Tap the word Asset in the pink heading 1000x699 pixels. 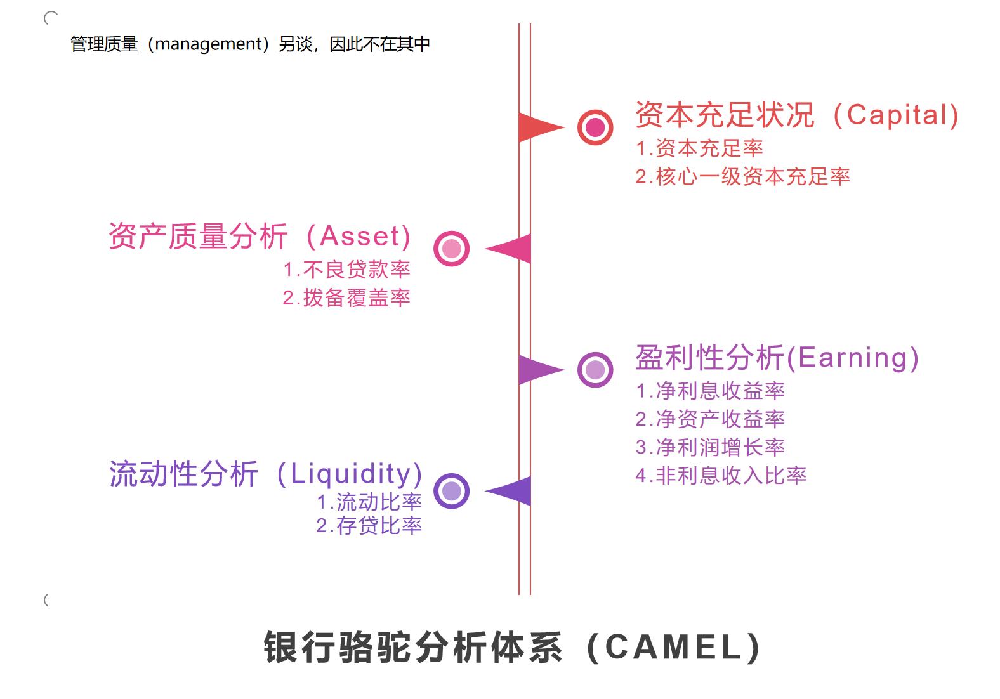coord(360,237)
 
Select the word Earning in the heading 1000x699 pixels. coord(853,358)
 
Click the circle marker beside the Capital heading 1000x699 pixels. coord(595,127)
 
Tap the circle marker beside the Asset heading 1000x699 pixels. coord(451,249)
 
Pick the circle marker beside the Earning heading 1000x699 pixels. coord(595,370)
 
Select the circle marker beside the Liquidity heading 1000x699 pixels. coord(451,491)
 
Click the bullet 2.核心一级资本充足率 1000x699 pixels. coord(742,176)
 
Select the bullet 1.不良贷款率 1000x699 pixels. coord(346,270)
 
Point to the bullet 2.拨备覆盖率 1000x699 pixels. coord(346,297)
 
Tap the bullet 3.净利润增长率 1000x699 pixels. coord(710,447)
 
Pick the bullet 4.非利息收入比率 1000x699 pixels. coord(721,475)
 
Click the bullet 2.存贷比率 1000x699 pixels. coord(369,525)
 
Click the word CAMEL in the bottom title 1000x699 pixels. coord(674,648)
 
